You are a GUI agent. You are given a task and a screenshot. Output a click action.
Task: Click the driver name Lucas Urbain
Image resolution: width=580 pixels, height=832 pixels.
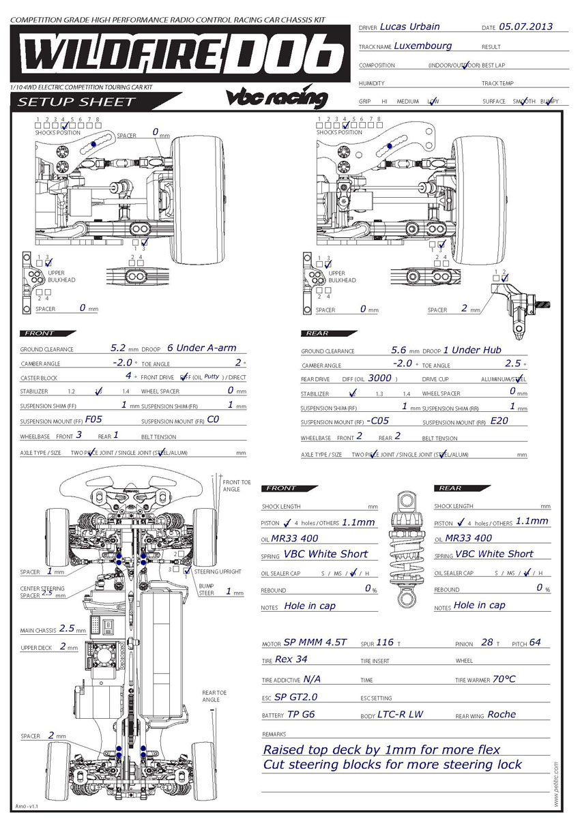click(x=409, y=27)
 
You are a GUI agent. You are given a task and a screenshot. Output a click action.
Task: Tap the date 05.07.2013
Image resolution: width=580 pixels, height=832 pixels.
click(x=525, y=27)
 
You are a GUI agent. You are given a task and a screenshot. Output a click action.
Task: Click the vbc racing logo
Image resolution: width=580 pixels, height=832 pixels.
click(x=276, y=97)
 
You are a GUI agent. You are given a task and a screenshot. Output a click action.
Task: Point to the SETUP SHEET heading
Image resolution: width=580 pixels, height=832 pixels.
click(x=77, y=102)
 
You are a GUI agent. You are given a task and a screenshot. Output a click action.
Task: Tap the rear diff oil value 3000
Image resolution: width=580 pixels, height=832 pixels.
click(x=379, y=377)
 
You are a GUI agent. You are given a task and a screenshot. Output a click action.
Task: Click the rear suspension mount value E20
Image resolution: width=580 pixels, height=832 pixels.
click(x=499, y=420)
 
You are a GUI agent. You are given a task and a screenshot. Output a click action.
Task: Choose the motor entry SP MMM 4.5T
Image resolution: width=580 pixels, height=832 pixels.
click(x=315, y=642)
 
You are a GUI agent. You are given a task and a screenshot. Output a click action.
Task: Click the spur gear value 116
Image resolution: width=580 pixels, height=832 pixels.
click(x=385, y=642)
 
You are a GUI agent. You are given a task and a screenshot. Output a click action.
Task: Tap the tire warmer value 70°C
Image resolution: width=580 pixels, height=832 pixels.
click(x=504, y=679)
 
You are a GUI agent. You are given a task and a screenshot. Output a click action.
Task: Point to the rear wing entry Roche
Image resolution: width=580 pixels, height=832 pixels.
click(x=502, y=714)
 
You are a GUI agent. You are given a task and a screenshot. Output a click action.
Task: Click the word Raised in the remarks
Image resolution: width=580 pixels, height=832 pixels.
click(x=286, y=749)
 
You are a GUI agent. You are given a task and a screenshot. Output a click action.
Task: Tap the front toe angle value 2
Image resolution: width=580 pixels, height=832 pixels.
click(x=238, y=362)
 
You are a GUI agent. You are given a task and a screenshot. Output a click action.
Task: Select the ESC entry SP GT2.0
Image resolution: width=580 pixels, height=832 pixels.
click(x=296, y=697)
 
